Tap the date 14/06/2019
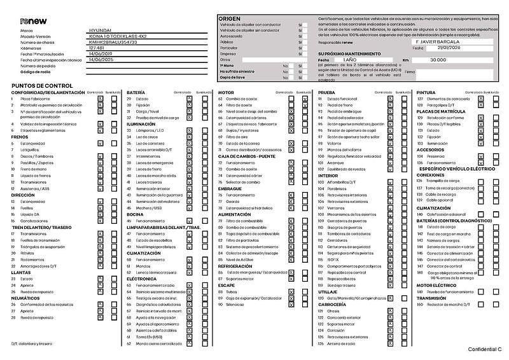pos(100,54)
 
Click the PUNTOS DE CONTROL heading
pos(42,85)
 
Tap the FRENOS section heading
pos(20,137)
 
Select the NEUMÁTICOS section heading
pos(26,298)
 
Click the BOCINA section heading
pos(136,214)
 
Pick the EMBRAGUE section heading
pos(230,188)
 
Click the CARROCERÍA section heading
pos(332,305)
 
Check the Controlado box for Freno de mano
pos(100,169)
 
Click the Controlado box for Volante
pos(390,143)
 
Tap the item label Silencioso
pos(236,305)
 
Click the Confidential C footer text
pos(485,350)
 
